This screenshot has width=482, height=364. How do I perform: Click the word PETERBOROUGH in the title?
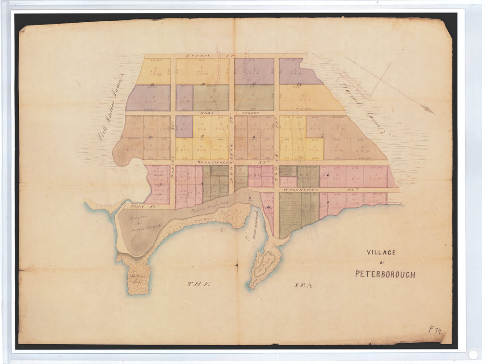click(385, 274)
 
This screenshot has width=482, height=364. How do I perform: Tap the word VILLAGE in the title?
click(381, 252)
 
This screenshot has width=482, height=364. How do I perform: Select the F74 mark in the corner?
click(435, 330)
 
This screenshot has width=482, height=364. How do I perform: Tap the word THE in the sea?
click(199, 284)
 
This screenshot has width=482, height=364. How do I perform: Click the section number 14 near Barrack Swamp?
click(299, 85)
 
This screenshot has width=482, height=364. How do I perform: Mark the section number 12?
click(203, 85)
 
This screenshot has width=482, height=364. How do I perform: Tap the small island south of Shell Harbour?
click(264, 263)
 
